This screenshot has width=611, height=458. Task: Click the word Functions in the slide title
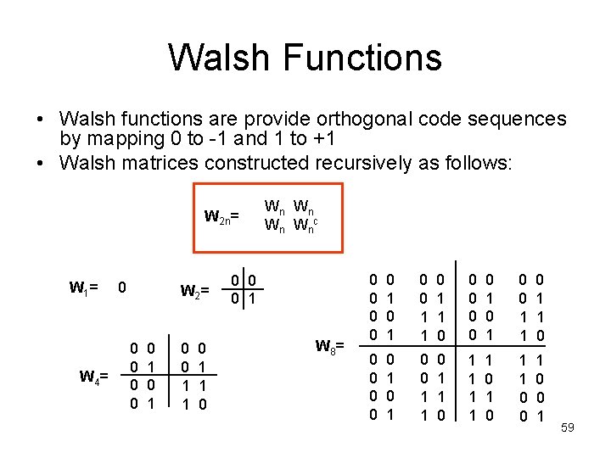363,59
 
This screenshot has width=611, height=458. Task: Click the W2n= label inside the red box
221,217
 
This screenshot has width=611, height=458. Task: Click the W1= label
84,288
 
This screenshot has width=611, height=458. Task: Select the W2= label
195,292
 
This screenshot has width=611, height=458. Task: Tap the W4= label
93,377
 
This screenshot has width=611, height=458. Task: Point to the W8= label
330,346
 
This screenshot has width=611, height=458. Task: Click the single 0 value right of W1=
123,288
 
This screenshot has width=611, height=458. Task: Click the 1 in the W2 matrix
254,298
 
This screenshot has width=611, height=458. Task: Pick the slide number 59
568,427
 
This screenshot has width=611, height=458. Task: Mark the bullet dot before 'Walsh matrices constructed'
42,162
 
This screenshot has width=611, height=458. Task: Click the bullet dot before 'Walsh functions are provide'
42,120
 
